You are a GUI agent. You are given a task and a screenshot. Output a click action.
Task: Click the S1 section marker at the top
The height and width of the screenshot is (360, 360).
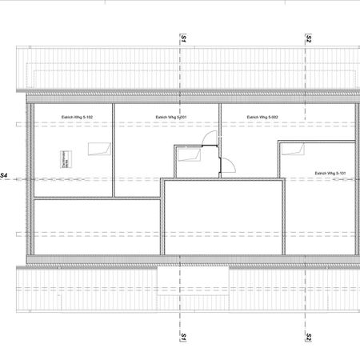click(x=183, y=38)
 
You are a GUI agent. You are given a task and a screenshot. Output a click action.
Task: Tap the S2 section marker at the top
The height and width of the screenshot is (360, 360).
click(x=308, y=38)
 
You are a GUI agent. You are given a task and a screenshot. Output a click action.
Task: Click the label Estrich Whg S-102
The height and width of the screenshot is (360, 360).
click(x=78, y=118)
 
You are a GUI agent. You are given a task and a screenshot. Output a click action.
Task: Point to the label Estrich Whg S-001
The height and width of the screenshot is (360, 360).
click(x=171, y=118)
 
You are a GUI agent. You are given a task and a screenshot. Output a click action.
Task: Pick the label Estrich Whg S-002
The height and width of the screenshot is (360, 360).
click(x=262, y=118)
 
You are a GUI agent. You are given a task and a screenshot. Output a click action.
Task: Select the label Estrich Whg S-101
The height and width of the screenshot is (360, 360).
click(x=330, y=173)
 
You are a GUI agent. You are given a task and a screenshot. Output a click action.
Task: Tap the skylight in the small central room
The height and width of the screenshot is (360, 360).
click(x=190, y=157)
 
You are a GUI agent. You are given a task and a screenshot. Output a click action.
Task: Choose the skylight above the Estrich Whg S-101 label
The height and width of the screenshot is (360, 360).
click(x=295, y=147)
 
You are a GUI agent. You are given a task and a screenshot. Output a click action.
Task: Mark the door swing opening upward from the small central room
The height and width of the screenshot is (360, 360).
click(x=209, y=139)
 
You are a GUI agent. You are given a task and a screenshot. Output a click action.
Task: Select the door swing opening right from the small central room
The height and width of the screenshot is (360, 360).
click(x=228, y=166)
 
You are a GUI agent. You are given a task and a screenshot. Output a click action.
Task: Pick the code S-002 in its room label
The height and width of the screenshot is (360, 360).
click(x=272, y=118)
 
